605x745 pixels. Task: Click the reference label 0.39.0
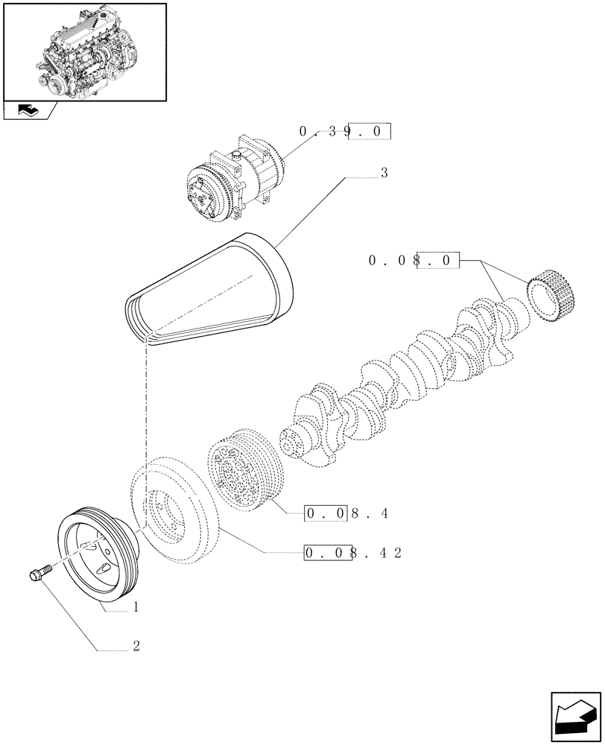[345, 132]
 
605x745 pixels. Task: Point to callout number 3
[384, 174]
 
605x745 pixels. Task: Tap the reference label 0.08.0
[414, 261]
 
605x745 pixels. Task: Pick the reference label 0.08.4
[346, 513]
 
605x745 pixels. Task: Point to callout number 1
[136, 608]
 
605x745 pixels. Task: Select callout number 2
[136, 647]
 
